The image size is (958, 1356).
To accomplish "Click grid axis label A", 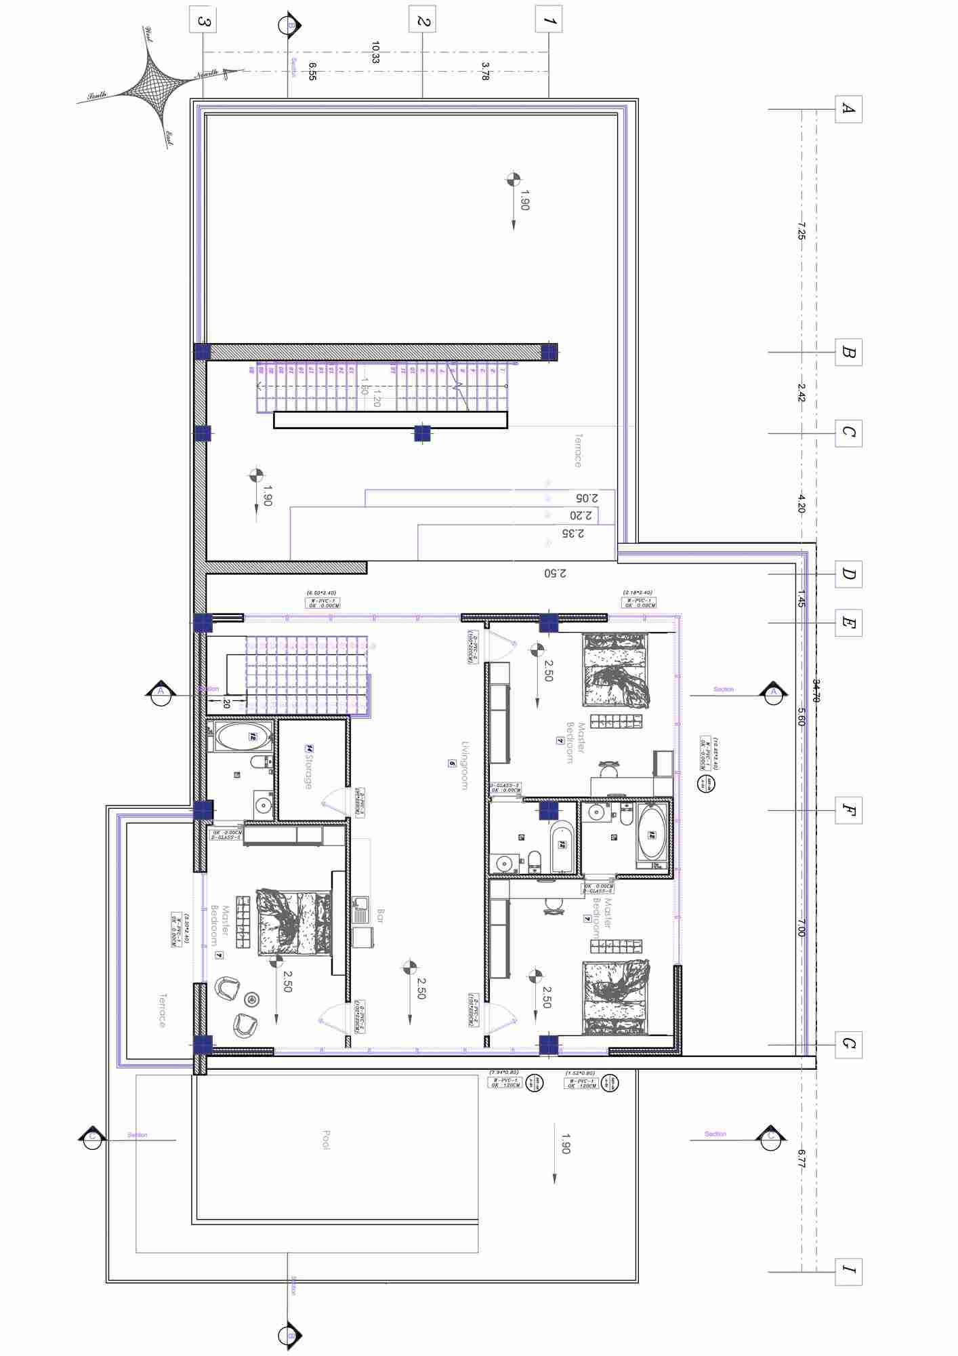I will click(x=848, y=108).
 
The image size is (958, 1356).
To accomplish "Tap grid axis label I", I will click(x=848, y=1271).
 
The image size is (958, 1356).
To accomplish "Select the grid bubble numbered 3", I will click(x=203, y=20).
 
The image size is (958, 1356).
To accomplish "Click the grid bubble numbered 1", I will click(x=549, y=20).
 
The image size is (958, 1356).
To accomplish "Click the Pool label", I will click(x=326, y=1140).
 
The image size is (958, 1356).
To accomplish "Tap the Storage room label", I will click(x=308, y=766).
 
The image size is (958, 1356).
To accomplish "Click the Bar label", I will click(x=380, y=916).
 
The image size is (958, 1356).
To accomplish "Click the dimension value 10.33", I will click(x=375, y=52).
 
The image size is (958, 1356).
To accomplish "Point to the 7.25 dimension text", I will click(x=801, y=231).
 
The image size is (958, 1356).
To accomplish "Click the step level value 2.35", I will click(x=572, y=534).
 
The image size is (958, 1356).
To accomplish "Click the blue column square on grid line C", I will click(x=422, y=433).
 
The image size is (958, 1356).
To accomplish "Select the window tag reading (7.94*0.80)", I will click(x=505, y=1073).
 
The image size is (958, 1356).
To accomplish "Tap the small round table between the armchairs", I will click(x=252, y=999).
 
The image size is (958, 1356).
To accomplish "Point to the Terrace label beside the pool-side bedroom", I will click(x=162, y=1011).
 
